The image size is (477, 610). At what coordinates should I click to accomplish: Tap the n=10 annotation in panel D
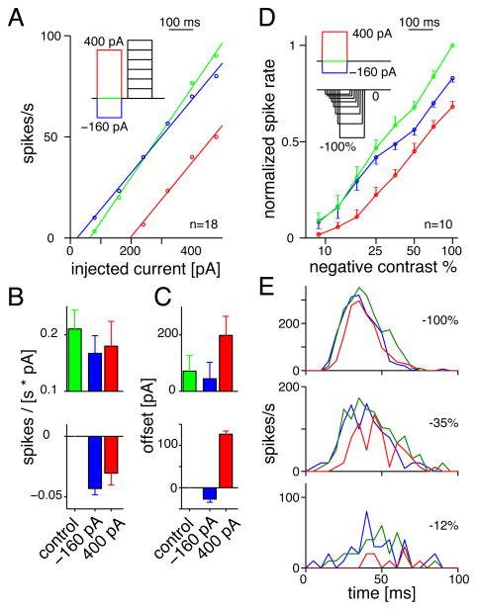coord(442,225)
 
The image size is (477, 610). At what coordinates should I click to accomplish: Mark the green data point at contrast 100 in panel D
coord(451,44)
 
